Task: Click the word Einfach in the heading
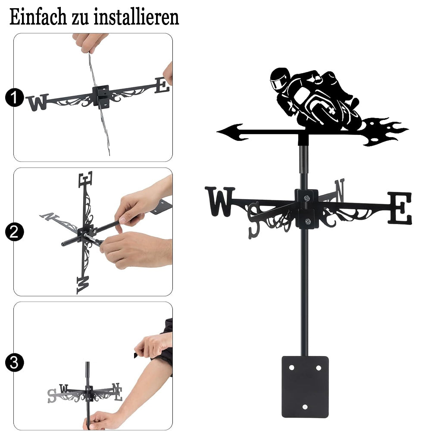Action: click(38, 17)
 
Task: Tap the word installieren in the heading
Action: click(136, 17)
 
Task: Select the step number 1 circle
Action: click(14, 97)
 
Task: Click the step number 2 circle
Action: click(14, 232)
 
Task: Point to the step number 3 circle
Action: click(14, 362)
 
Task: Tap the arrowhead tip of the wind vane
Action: click(217, 132)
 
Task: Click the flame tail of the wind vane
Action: click(385, 131)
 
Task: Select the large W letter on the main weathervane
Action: click(220, 201)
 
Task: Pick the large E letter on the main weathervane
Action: click(400, 208)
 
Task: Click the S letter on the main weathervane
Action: click(254, 220)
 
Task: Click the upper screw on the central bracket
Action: click(307, 198)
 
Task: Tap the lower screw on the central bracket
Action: click(308, 221)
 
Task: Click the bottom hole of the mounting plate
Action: click(305, 407)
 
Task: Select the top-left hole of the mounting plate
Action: click(291, 368)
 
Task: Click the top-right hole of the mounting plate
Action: click(319, 368)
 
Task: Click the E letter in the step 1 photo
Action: click(162, 85)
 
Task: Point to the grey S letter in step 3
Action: click(52, 396)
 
